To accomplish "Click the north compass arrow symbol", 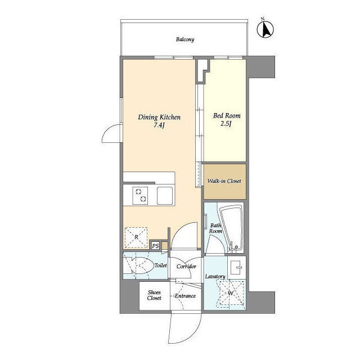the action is [265, 29].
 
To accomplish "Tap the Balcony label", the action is [185, 39].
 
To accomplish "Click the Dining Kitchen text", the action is [159, 118].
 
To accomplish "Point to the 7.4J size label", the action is [159, 125].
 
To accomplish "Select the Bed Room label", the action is [227, 115].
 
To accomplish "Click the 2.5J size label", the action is [226, 124].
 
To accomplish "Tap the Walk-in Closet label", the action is [224, 181].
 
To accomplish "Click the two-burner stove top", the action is [140, 196].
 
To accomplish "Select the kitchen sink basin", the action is [165, 196].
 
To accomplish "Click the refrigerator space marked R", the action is [136, 237].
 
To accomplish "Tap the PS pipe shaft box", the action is [155, 246].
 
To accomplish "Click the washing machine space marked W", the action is [231, 293].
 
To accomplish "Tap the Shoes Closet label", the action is [154, 295].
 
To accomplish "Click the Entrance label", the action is [185, 296].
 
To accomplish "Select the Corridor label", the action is [186, 267].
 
